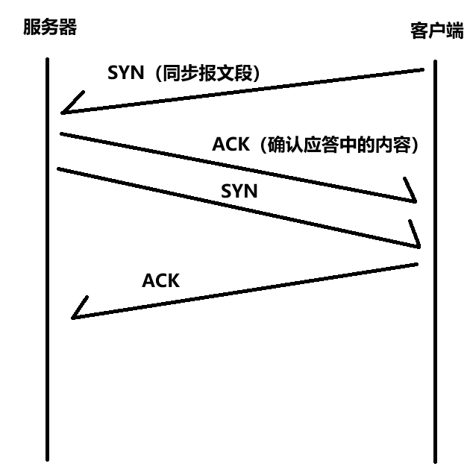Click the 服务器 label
click(50, 28)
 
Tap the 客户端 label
click(436, 31)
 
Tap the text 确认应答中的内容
click(340, 145)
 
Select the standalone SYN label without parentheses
click(239, 191)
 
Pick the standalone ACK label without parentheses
click(160, 281)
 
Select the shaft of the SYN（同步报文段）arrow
click(246, 92)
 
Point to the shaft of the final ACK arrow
click(246, 291)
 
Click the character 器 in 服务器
click(67, 28)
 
